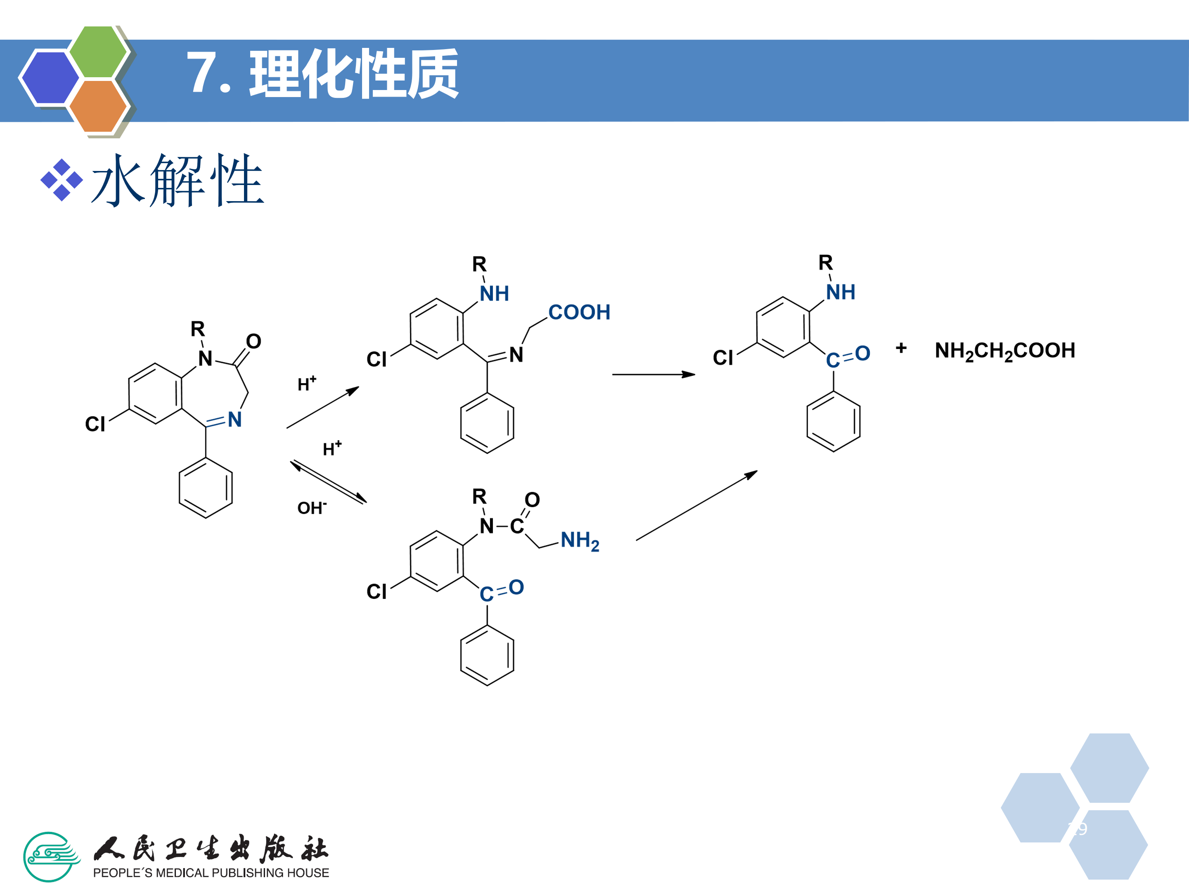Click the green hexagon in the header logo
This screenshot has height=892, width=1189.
click(x=98, y=51)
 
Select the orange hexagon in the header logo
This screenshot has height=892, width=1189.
click(x=98, y=106)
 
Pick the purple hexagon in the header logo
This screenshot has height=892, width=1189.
click(x=50, y=77)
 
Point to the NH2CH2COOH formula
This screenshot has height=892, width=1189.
click(x=1004, y=351)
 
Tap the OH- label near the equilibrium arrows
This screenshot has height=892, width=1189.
click(x=312, y=508)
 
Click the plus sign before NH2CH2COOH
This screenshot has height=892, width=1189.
click(x=901, y=349)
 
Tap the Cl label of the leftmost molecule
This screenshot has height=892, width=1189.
click(x=95, y=424)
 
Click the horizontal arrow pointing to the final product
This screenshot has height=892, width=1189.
click(x=653, y=374)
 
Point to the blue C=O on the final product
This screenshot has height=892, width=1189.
click(x=848, y=356)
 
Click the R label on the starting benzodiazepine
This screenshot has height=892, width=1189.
click(x=197, y=329)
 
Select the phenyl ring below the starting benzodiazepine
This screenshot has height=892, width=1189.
click(x=206, y=488)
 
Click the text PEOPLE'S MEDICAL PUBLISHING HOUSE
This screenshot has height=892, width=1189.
click(x=211, y=873)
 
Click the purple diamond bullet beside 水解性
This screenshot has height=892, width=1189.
click(x=62, y=180)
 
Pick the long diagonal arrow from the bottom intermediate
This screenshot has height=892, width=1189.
click(x=696, y=505)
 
